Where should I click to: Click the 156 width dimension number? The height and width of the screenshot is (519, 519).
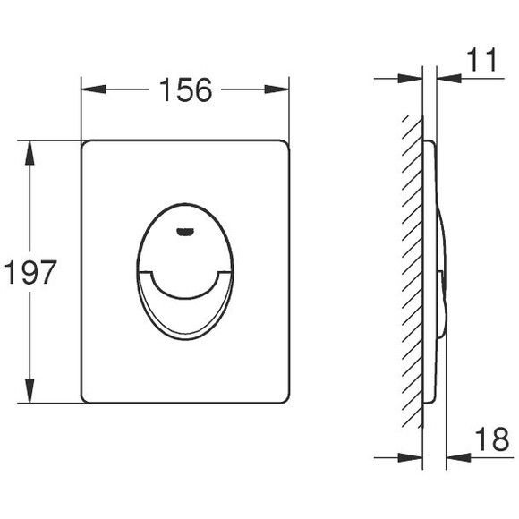point(185,89)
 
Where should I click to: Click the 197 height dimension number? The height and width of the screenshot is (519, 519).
point(30,272)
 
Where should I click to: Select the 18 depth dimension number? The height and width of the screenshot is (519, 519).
point(492,438)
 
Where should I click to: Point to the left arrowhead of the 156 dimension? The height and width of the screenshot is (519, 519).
point(93,89)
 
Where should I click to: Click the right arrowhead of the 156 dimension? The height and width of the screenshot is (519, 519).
point(277,89)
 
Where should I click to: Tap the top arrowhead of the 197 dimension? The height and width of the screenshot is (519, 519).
point(30,153)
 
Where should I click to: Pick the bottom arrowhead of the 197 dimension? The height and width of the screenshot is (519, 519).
point(30,391)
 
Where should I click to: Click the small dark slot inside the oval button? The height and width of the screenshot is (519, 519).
point(184,232)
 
